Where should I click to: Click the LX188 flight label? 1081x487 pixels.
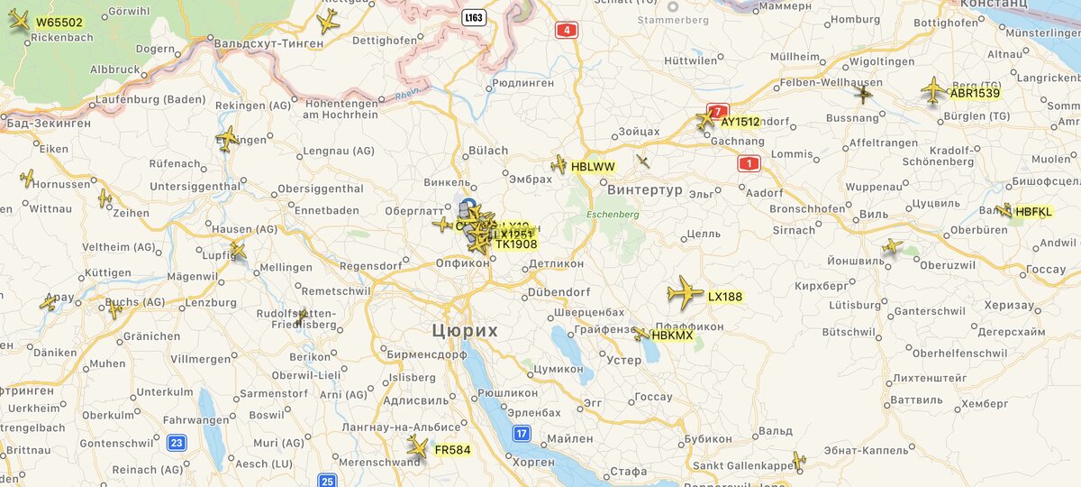[x=725, y=297]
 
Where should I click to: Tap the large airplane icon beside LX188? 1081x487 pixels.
[x=685, y=293]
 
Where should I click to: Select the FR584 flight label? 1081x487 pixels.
[x=452, y=450]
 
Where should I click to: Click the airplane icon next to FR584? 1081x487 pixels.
[x=417, y=446]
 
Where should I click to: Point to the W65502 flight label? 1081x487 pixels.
[x=59, y=23]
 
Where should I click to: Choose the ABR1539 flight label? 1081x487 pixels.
[x=975, y=93]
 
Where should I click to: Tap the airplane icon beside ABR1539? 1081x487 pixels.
[x=933, y=89]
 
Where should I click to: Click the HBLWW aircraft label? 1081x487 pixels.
[x=593, y=167]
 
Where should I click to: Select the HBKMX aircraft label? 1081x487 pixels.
[x=672, y=335]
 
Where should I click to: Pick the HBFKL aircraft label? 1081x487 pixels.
[x=1033, y=212]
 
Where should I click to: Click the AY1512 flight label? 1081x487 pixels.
[x=740, y=122]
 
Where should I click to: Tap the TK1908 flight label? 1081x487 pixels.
[x=516, y=244]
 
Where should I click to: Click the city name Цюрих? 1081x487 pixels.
[x=464, y=331]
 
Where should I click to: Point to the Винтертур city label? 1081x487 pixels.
[x=645, y=190]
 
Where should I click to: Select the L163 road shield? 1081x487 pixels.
[x=474, y=17]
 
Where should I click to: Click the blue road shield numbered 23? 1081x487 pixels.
[x=177, y=442]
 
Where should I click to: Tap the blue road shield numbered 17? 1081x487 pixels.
[x=522, y=434]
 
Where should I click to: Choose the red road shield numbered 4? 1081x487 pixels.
[x=566, y=30]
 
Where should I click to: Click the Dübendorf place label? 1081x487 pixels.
[x=559, y=292]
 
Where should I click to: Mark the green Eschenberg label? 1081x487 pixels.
[x=613, y=215]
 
